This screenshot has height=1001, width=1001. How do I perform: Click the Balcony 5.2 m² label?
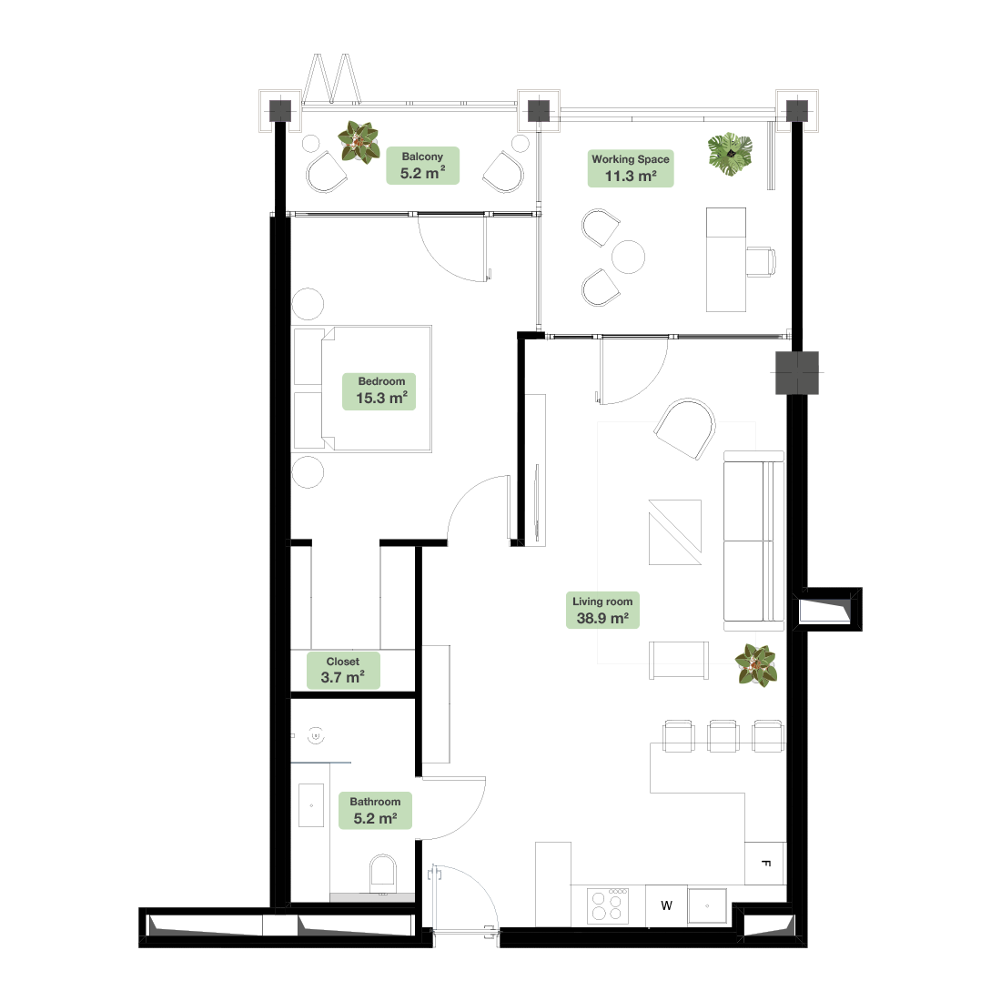[422, 166]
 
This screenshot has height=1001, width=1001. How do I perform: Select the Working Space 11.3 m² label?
[631, 168]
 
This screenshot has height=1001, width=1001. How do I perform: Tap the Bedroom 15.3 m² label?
[379, 390]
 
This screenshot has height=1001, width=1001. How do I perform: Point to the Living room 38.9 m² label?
[602, 611]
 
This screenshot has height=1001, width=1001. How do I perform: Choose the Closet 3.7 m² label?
[343, 671]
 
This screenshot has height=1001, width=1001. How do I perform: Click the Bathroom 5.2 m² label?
[375, 811]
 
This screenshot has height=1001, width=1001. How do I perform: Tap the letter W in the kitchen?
[666, 905]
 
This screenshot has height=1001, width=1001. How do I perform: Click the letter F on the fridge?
[766, 864]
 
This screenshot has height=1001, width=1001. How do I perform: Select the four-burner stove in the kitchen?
[608, 905]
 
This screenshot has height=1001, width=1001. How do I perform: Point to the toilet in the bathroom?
[383, 874]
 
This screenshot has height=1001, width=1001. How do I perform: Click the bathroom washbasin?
[311, 805]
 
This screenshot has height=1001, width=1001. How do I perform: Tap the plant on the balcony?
[359, 142]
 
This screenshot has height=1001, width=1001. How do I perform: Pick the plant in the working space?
[731, 154]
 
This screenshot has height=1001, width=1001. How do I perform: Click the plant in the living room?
[756, 665]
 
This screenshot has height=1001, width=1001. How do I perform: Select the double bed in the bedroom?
[362, 389]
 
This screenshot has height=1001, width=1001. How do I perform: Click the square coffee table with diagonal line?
[675, 532]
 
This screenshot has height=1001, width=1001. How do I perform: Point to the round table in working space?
[628, 257]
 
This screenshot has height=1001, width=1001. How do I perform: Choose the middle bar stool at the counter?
[724, 736]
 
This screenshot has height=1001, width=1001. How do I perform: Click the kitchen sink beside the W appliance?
[707, 905]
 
